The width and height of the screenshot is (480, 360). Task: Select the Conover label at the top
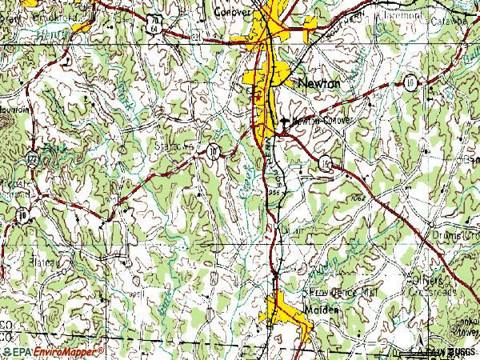234,13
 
